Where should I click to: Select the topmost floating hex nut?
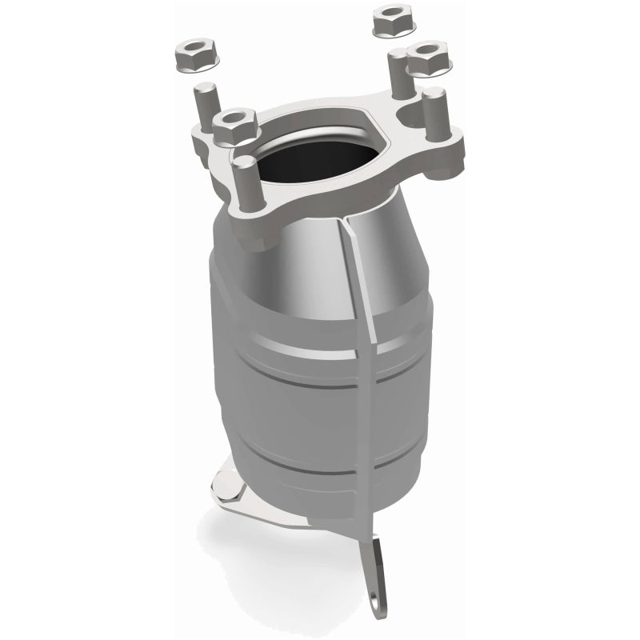tap(390, 18)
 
